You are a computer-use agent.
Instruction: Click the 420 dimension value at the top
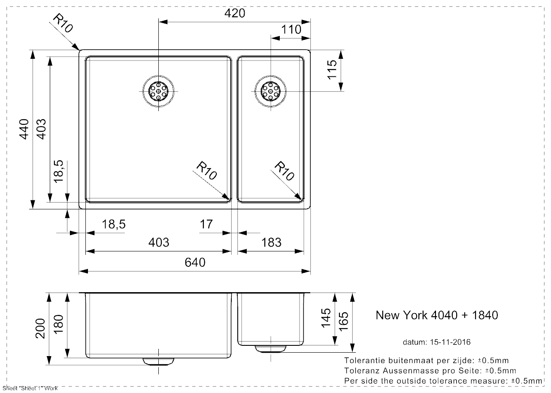click(x=235, y=13)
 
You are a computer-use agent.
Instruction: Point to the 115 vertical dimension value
click(x=332, y=70)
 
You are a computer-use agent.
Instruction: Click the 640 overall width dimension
click(x=195, y=262)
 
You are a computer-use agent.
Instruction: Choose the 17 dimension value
click(x=206, y=224)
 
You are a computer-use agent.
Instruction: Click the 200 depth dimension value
click(x=40, y=328)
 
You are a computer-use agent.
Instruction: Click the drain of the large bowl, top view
click(x=158, y=91)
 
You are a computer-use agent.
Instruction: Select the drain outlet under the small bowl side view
click(x=271, y=348)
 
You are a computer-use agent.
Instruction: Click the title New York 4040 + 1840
click(x=437, y=315)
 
